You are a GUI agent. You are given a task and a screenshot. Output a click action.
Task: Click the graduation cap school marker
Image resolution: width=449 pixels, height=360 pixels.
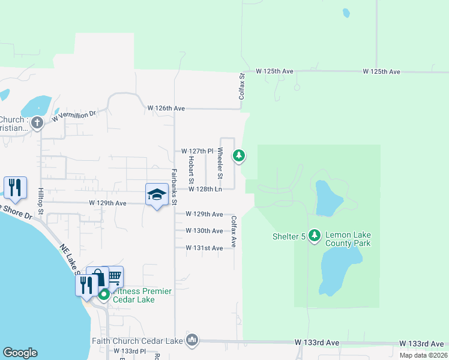157,195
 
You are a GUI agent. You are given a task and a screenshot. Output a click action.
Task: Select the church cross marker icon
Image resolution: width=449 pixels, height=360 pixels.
37,124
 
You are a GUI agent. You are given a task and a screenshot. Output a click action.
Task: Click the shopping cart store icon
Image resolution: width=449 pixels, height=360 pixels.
114,277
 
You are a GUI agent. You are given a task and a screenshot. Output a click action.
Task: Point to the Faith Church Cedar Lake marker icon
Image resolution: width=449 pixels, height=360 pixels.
192,340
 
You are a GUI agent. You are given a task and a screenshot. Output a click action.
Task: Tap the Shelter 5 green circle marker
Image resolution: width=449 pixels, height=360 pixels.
316,236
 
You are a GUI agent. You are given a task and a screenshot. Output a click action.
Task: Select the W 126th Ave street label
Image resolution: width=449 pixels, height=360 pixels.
166,109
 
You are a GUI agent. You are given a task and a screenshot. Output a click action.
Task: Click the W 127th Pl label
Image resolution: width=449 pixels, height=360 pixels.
197,151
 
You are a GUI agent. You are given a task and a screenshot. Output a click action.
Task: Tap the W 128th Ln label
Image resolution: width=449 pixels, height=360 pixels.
205,189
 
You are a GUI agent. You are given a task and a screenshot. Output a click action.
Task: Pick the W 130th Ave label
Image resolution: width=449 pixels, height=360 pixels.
204,231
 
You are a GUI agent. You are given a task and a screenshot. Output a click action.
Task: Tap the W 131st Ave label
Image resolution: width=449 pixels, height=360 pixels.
204,248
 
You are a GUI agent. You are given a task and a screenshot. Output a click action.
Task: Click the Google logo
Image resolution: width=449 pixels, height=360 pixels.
20,353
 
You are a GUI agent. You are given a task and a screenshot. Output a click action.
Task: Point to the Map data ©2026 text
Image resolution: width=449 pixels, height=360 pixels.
423,355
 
